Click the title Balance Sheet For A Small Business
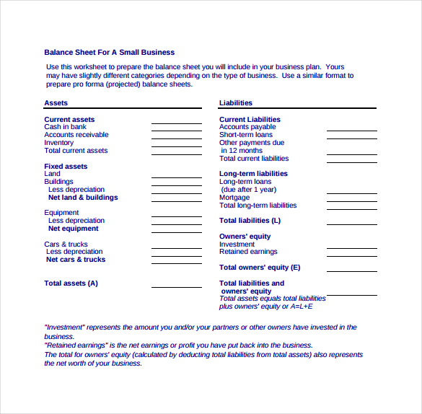point(109,52)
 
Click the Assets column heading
point(56,103)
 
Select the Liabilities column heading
point(236,103)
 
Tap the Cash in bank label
point(65,127)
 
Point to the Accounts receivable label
point(76,135)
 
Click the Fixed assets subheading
point(66,167)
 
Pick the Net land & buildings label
point(83,198)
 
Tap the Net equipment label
point(73,229)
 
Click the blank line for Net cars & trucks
point(176,262)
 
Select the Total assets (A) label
point(71,283)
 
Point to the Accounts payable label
point(247,127)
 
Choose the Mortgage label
point(234,198)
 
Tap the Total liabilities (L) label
point(250,221)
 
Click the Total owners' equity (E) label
point(260,268)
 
